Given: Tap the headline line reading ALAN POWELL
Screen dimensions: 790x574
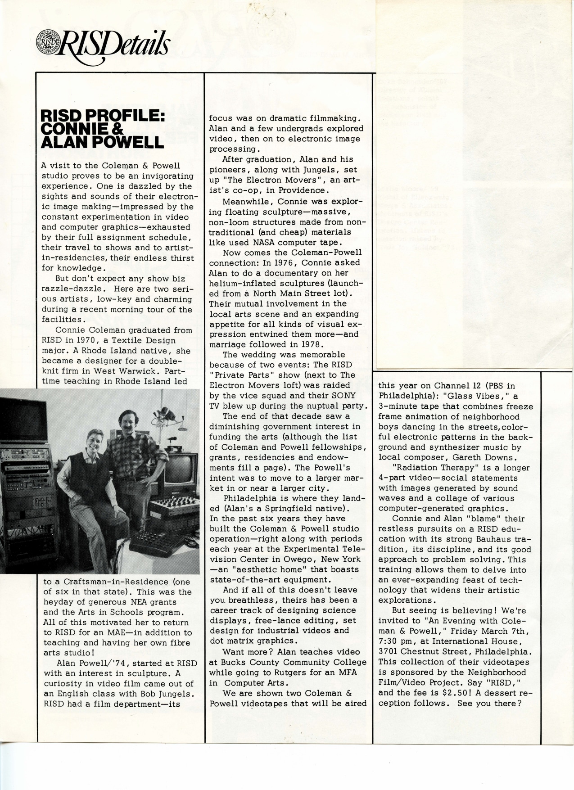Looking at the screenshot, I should point(102,142).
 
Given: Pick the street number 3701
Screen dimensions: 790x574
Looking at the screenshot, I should point(392,651).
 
